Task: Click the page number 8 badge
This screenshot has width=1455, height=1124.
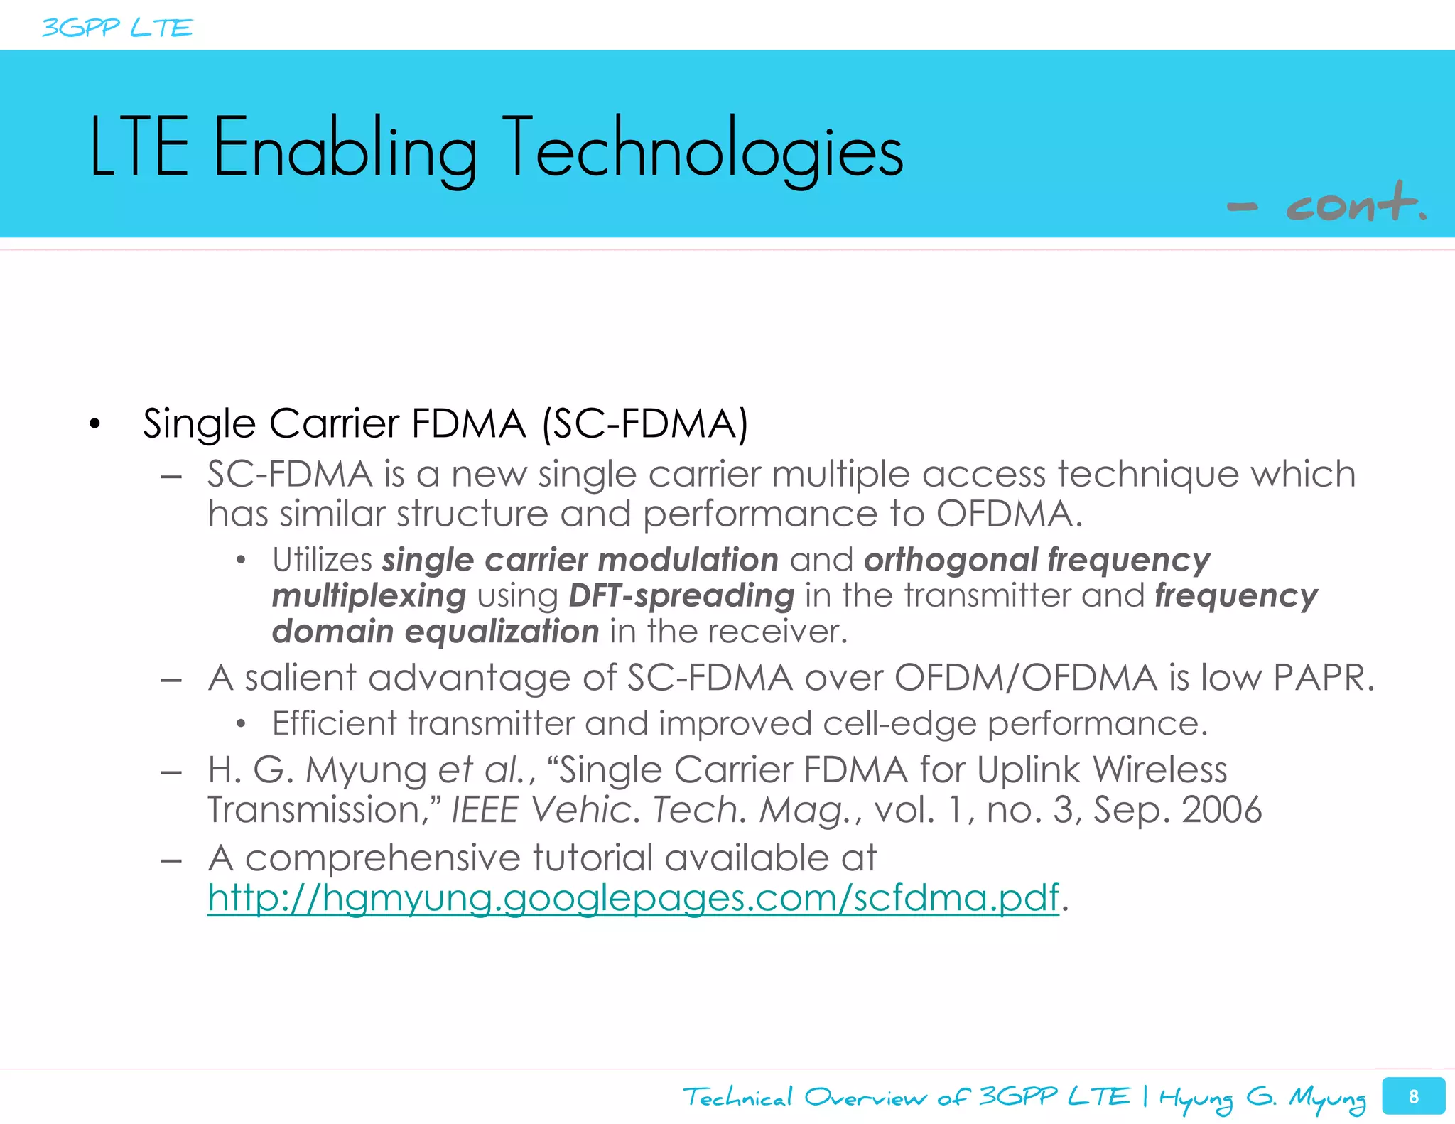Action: (x=1413, y=1096)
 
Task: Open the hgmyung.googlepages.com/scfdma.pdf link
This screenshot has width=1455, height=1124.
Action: (x=633, y=898)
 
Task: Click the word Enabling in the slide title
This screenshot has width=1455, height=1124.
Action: (x=345, y=150)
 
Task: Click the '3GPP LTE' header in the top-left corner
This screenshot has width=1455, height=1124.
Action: (x=117, y=28)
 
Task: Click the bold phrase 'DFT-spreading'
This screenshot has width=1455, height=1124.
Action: (x=681, y=595)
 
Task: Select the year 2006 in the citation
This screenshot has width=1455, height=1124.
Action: (x=1221, y=810)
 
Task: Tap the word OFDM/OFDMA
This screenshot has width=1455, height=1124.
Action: (x=1026, y=678)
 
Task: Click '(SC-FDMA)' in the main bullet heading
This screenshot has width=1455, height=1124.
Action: (x=645, y=424)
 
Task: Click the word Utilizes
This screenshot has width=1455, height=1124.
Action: (x=322, y=560)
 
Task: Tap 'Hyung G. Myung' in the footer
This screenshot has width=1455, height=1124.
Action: (x=1262, y=1098)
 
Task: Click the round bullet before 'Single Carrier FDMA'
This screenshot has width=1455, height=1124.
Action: (x=95, y=425)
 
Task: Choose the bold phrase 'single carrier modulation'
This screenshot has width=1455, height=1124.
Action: (x=580, y=560)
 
